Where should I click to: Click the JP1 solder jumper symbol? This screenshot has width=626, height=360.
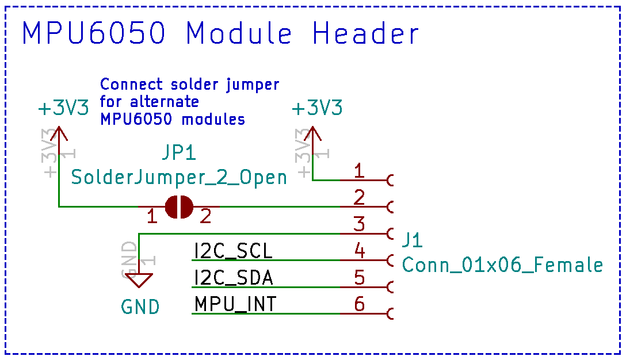pyautogui.click(x=179, y=206)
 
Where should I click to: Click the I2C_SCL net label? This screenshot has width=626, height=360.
pyautogui.click(x=234, y=251)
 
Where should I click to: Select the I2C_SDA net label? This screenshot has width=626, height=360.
pyautogui.click(x=234, y=278)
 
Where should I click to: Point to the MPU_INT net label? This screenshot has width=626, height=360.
pyautogui.click(x=235, y=304)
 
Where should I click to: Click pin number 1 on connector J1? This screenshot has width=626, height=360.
pyautogui.click(x=359, y=171)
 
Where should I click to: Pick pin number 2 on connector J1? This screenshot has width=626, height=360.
pyautogui.click(x=359, y=198)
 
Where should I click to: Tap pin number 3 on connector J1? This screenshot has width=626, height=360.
pyautogui.click(x=359, y=224)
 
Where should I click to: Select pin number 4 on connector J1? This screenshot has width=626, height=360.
pyautogui.click(x=359, y=251)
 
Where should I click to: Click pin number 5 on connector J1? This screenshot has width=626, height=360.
pyautogui.click(x=359, y=278)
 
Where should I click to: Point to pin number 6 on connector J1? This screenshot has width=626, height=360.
pyautogui.click(x=359, y=304)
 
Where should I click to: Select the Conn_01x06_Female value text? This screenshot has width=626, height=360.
pyautogui.click(x=502, y=265)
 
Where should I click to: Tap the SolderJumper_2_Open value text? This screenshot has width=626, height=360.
pyautogui.click(x=179, y=177)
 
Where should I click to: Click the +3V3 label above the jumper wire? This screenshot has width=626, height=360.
pyautogui.click(x=64, y=109)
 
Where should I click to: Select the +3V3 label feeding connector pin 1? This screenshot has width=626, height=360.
pyautogui.click(x=317, y=109)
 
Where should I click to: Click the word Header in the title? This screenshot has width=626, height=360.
pyautogui.click(x=366, y=34)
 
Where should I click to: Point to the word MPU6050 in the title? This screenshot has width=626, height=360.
pyautogui.click(x=94, y=34)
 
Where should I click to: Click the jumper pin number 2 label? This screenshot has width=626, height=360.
pyautogui.click(x=205, y=217)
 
